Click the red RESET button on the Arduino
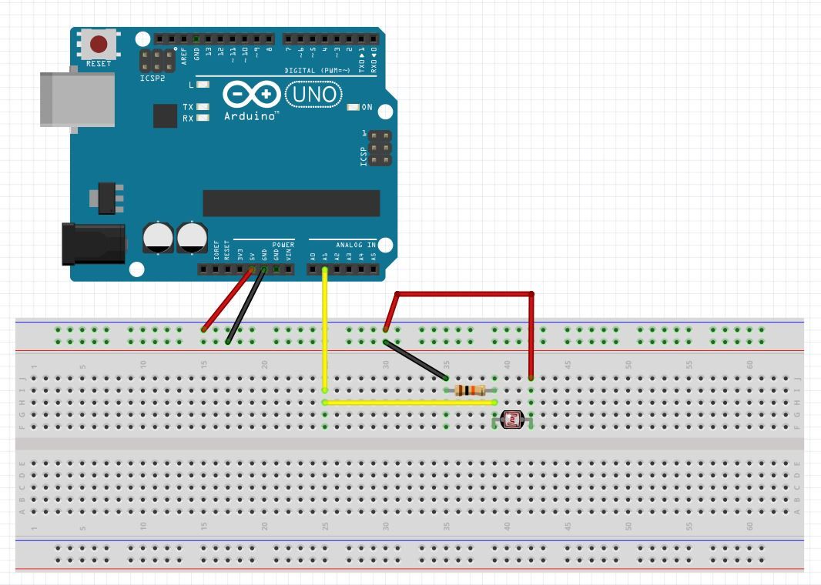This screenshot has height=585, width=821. tap(99, 44)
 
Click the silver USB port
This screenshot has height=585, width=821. tap(77, 99)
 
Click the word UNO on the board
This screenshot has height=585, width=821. tap(313, 95)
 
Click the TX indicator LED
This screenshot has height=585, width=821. tap(203, 107)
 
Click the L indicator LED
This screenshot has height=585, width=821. tap(203, 84)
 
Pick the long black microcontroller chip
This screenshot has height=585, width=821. tap(291, 203)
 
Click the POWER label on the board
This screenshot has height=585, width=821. tap(283, 245)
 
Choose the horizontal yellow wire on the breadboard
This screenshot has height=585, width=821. tap(408, 402)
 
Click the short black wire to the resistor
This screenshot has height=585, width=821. tap(416, 359)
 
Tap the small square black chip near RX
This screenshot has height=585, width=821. tap(165, 115)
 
